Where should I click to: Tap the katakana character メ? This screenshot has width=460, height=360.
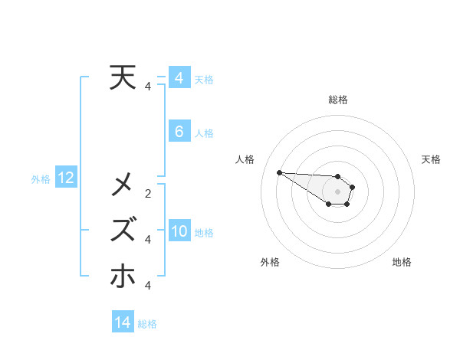(124, 184)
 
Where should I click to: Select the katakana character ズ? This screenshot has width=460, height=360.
(124, 230)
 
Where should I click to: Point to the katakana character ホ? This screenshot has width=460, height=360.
(124, 276)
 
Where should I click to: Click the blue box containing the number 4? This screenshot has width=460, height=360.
(179, 78)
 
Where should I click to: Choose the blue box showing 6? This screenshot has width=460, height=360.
(179, 132)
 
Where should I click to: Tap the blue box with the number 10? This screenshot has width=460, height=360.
(179, 231)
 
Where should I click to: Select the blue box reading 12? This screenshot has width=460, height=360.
(65, 178)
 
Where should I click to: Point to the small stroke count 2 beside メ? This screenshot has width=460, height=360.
(148, 193)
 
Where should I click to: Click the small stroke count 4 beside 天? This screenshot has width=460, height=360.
(148, 87)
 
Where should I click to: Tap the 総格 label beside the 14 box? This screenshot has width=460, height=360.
(147, 324)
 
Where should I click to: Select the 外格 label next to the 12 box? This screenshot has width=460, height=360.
(41, 179)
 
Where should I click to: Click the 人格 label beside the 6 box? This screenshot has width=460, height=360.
(204, 133)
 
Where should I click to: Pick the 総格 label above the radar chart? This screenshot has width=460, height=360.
(338, 100)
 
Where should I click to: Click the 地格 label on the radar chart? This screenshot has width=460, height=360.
(402, 262)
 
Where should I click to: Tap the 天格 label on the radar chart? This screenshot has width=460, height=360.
(431, 159)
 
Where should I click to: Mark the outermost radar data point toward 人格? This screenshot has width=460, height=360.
(279, 172)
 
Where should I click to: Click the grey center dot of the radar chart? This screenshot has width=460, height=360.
(338, 191)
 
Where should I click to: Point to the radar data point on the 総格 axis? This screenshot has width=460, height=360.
(338, 176)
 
